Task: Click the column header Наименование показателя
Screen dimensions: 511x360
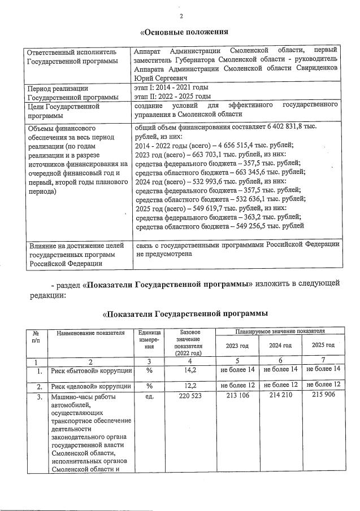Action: pos(90,333)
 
